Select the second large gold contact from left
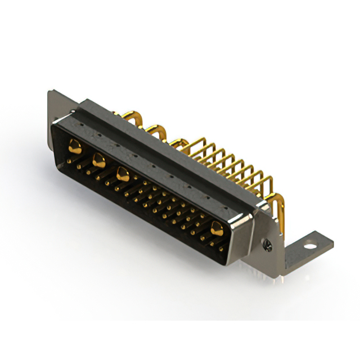pos(98,160)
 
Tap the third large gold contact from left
pos(121,174)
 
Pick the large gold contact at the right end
pos(216,227)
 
